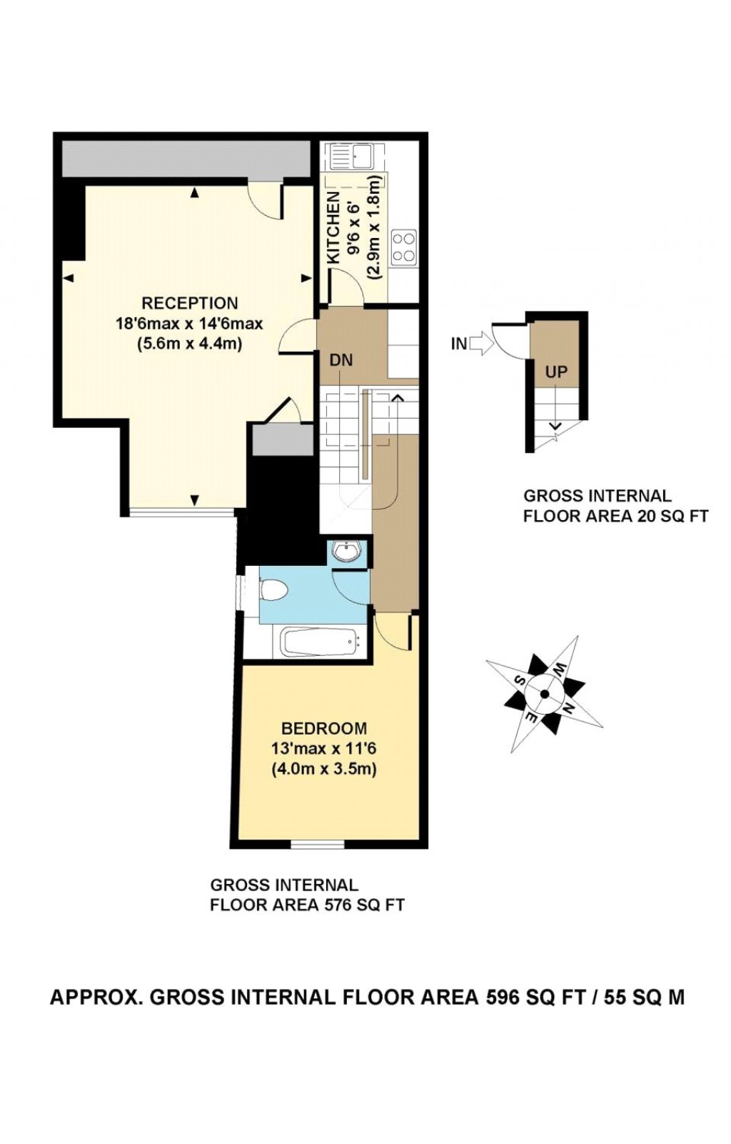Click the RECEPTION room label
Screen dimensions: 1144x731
coord(189,303)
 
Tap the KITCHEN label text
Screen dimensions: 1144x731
coord(333,229)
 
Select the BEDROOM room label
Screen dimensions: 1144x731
coord(324,728)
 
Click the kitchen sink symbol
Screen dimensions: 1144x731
coord(356,155)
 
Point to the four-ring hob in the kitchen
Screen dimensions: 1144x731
coord(404,247)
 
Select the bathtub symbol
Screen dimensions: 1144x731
coord(317,642)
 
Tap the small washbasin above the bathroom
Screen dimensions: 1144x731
coord(349,552)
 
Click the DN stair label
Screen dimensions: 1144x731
coord(341,360)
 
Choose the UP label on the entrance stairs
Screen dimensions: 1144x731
coord(556,372)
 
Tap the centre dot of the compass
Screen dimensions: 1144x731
coord(545,694)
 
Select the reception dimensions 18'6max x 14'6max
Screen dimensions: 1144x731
coord(189,324)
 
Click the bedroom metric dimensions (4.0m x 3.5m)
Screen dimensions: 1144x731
coord(324,770)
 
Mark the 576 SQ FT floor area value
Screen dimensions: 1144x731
coord(364,905)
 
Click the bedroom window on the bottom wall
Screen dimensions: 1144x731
coord(318,845)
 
